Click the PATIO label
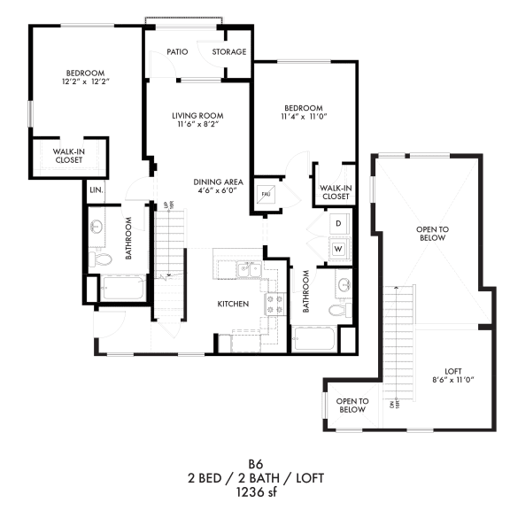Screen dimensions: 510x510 179,51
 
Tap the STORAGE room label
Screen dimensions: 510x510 228,51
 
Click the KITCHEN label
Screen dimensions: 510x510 233,304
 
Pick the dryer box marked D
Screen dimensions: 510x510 338,224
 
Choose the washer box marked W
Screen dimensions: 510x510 338,249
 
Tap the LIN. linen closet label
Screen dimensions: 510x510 94,189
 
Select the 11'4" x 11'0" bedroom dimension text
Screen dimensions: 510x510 303,117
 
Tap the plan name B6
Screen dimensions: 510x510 255,463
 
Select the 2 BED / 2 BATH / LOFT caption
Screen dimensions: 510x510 255,477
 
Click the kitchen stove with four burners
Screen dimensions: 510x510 275,305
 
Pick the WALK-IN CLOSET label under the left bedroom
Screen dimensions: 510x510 70,155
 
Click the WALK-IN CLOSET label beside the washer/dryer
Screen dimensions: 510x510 334,192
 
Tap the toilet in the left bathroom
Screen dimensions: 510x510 100,259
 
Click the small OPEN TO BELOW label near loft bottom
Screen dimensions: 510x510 352,405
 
